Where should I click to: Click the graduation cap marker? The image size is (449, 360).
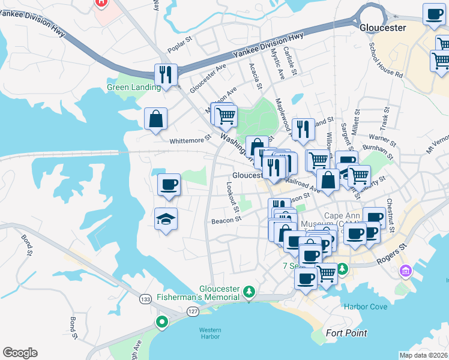(166, 219)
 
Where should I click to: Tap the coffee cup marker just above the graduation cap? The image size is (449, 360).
(169, 184)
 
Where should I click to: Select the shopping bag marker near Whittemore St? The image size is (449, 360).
(156, 118)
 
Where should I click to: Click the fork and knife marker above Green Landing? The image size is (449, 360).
(166, 74)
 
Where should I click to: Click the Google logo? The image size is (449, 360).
(20, 352)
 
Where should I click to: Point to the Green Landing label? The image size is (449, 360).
(133, 87)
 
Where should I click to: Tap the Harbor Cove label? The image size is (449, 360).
(366, 307)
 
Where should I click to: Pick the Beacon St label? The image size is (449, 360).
(226, 220)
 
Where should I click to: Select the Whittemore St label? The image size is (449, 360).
(191, 137)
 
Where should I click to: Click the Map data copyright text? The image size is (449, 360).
(424, 355)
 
